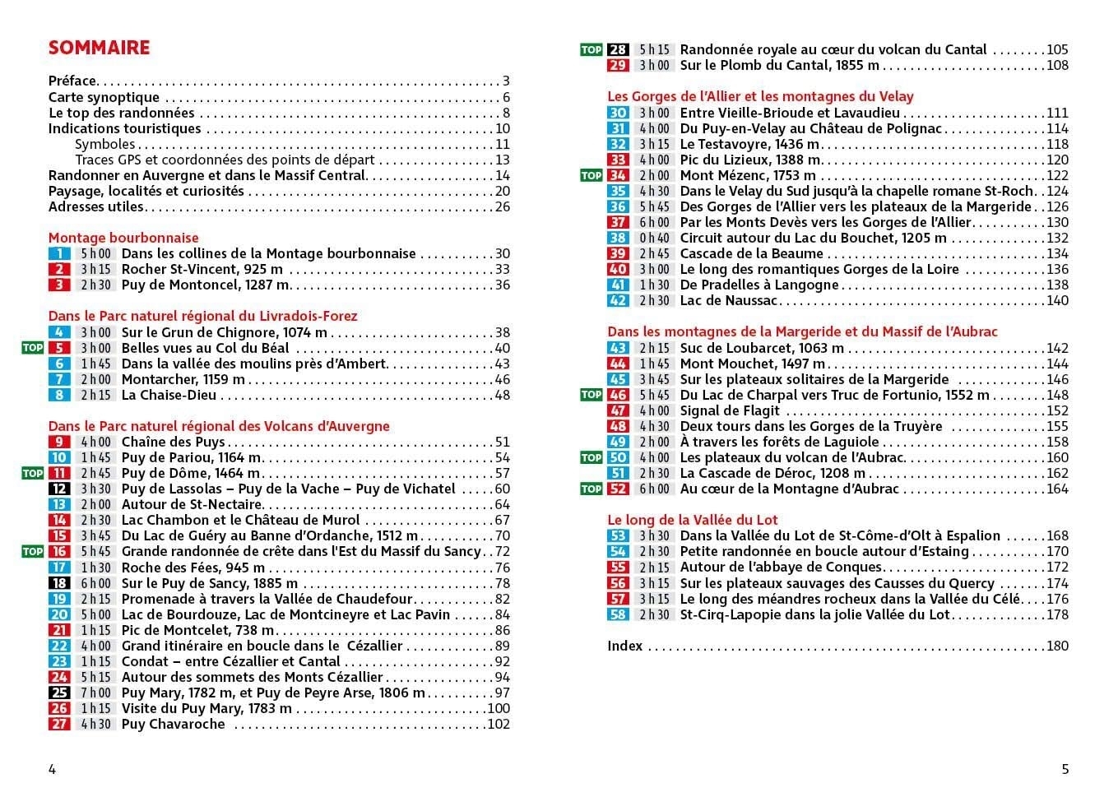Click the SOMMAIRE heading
99,48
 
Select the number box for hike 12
59,489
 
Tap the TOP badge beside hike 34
591,175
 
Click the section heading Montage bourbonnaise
123,238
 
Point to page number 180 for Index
1057,646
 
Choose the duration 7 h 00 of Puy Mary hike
95,693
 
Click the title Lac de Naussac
729,301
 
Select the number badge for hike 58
618,614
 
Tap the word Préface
72,81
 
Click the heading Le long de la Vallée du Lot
692,520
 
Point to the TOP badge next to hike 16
32,552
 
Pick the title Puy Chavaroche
173,725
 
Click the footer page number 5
1065,770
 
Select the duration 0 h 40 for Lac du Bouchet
655,239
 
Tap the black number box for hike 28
618,50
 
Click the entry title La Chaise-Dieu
169,396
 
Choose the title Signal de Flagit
730,410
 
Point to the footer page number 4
53,770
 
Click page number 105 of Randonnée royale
1057,50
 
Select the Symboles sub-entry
104,144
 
